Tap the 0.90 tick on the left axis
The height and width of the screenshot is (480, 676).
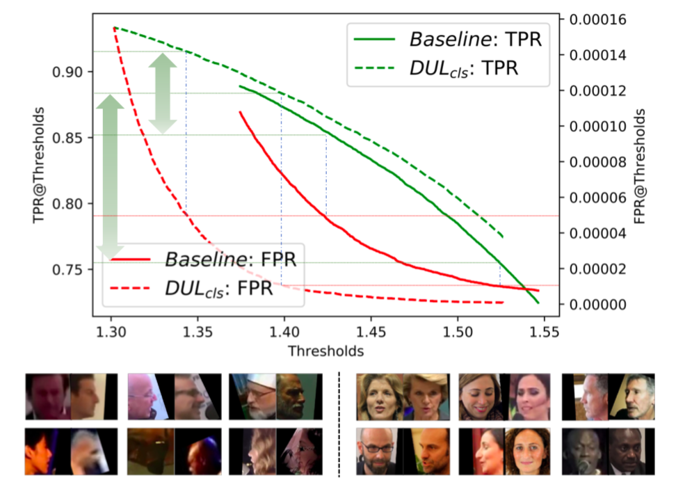pyautogui.click(x=70, y=72)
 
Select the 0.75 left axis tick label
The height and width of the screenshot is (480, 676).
pyautogui.click(x=70, y=270)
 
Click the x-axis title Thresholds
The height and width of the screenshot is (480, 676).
pyautogui.click(x=326, y=350)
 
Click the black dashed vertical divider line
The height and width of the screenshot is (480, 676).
pyautogui.click(x=339, y=424)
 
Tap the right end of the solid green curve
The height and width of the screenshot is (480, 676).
pyautogui.click(x=538, y=303)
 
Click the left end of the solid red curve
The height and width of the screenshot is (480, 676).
pyautogui.click(x=240, y=111)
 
